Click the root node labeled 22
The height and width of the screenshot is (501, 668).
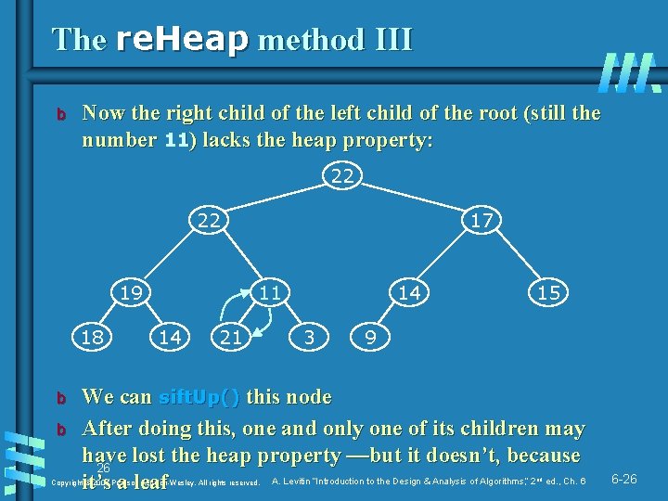coord(342,175)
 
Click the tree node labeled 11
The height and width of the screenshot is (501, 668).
coord(270,292)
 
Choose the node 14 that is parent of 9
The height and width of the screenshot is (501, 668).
coord(409,292)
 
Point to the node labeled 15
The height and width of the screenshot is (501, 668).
coord(548,292)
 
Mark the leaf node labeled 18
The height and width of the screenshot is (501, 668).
coord(90,338)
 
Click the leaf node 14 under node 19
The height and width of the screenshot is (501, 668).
coord(170,338)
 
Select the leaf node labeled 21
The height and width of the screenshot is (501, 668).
coord(230,338)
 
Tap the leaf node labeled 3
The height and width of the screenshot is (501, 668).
coord(310,338)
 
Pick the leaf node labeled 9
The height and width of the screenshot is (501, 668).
coord(370,338)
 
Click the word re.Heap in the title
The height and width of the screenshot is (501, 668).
coord(182,40)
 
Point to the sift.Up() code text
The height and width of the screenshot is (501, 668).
coord(199,398)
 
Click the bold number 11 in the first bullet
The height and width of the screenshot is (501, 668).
coord(176,141)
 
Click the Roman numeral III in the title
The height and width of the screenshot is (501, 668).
coord(383,40)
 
